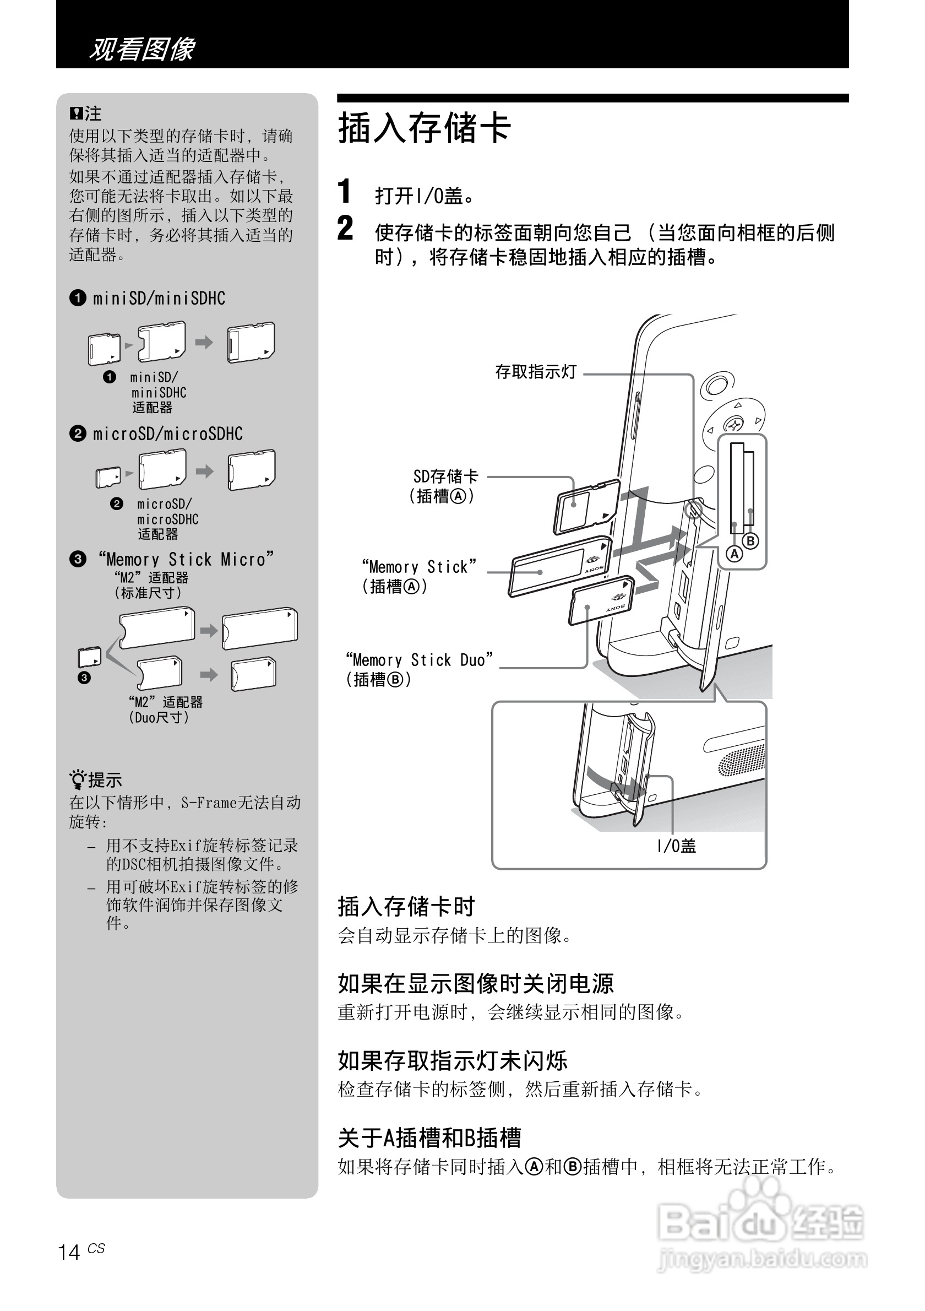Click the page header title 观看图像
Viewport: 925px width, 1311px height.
click(x=142, y=49)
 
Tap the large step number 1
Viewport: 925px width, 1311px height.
click(x=344, y=191)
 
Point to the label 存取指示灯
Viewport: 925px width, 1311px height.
click(x=536, y=372)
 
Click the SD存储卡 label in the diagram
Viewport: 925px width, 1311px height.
click(x=445, y=476)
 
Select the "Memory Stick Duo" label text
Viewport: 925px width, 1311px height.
click(x=419, y=660)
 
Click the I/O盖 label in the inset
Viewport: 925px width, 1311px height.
click(x=676, y=846)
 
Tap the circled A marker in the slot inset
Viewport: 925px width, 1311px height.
click(x=734, y=553)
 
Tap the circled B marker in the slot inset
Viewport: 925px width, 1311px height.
click(x=750, y=541)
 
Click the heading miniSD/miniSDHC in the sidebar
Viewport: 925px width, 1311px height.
click(x=159, y=299)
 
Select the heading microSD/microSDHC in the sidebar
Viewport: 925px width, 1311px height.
click(x=167, y=434)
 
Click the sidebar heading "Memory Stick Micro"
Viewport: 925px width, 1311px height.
click(x=186, y=559)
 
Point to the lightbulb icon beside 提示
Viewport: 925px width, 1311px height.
click(x=77, y=779)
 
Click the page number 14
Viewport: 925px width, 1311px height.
click(x=69, y=1252)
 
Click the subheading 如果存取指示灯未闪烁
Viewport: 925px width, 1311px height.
click(x=452, y=1060)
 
